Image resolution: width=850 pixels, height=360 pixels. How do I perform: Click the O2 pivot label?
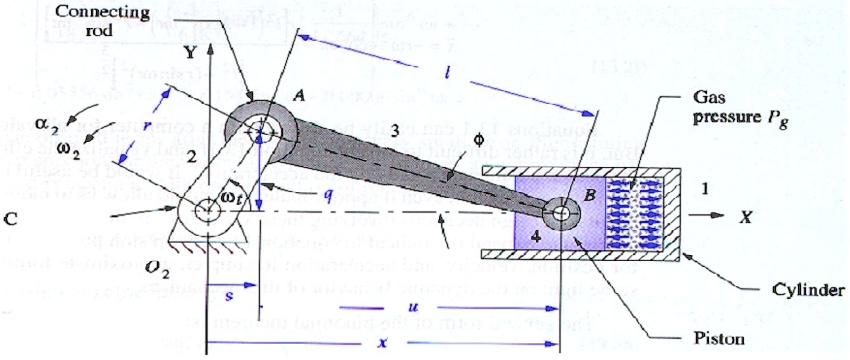coord(188,268)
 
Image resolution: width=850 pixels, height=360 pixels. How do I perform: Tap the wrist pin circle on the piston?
coord(562,212)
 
